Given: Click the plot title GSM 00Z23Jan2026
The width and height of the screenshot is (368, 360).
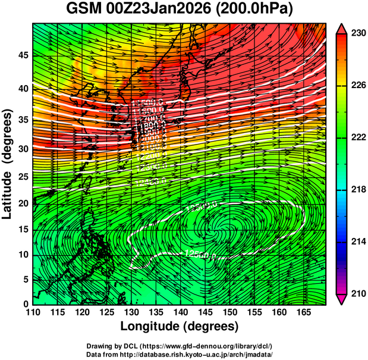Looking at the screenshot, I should tap(143, 10).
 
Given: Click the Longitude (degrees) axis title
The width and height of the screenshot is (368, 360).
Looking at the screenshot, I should tap(180, 326).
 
